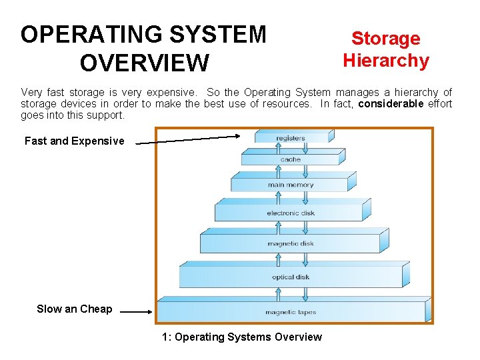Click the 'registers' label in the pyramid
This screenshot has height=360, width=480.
[291, 138]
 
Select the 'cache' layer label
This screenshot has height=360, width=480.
[291, 160]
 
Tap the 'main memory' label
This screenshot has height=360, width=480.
[291, 185]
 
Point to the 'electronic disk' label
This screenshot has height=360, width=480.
[291, 213]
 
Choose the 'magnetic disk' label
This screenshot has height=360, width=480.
[291, 243]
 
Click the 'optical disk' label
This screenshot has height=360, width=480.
[291, 277]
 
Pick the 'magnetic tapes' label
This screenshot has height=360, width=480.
[291, 312]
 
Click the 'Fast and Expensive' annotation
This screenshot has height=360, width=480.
[74, 141]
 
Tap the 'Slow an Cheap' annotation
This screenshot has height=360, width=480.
[74, 309]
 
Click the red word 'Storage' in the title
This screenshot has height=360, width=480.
[385, 39]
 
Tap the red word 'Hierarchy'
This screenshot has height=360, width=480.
[385, 61]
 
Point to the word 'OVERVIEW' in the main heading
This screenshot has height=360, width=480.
[143, 63]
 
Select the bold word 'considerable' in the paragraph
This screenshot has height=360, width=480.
[391, 103]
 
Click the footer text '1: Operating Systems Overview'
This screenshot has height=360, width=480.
[241, 337]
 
